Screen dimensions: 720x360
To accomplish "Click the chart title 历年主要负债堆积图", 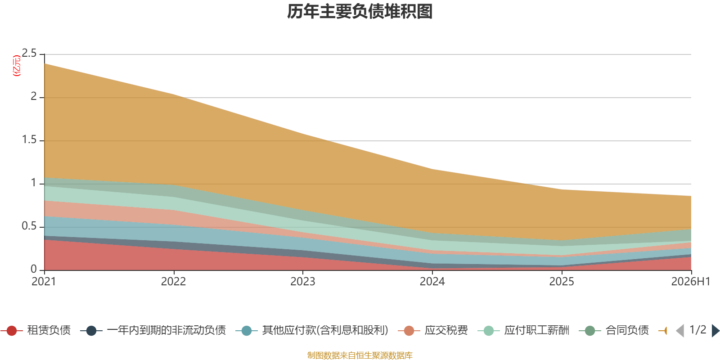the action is tap(360, 11).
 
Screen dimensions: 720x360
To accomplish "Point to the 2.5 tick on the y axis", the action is tap(29, 54).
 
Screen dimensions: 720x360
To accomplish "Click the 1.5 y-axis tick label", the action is tap(29, 140).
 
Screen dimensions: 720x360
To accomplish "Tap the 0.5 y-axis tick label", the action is tap(29, 226).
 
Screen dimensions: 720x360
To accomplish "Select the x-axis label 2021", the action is tap(44, 282).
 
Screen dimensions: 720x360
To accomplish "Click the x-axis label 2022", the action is tap(174, 282).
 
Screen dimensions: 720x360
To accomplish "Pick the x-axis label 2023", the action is tap(303, 282).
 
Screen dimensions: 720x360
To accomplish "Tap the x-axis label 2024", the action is tap(432, 282).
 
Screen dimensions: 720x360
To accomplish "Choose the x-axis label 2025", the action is tap(562, 282).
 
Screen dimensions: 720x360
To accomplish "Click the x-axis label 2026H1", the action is tap(691, 282).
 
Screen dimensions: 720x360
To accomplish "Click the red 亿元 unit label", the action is tap(16, 66).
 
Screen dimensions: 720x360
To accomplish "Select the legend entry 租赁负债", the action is tap(36, 330).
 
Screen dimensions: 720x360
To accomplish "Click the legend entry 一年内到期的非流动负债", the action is tap(153, 330).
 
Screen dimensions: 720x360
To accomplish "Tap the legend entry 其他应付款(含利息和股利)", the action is tap(312, 330).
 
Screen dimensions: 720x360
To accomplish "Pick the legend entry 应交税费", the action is tap(433, 330).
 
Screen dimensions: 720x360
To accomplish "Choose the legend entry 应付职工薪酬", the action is tap(524, 330).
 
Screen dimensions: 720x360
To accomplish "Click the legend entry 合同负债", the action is tap(614, 330).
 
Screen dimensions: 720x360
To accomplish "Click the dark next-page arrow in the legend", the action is tap(715, 331).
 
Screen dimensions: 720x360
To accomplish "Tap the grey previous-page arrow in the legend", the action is tap(680, 331).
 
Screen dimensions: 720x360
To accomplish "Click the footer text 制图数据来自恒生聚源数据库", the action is tap(360, 355).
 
